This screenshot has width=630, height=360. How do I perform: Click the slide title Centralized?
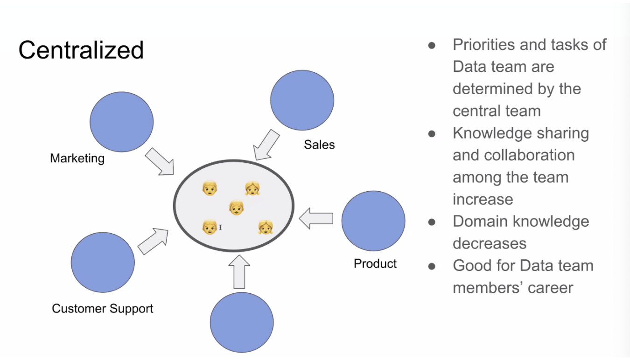(x=81, y=50)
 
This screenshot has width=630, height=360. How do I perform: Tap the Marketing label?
(x=77, y=159)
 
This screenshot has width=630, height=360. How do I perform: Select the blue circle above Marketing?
(x=121, y=122)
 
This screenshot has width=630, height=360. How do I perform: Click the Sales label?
(x=319, y=145)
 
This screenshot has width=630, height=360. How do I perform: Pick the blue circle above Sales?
(x=302, y=100)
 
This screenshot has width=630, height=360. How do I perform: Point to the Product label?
(x=375, y=263)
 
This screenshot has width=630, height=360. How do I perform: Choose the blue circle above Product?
(x=373, y=221)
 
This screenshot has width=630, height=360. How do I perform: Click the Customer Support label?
(x=102, y=308)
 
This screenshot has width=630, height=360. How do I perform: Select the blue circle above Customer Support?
(x=103, y=263)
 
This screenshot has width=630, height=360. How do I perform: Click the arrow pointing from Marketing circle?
(x=159, y=161)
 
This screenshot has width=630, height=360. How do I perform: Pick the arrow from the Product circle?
(x=316, y=219)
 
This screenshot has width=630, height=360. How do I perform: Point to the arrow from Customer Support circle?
(x=153, y=241)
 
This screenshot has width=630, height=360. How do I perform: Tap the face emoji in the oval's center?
(x=237, y=208)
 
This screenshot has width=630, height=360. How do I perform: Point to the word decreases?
(x=490, y=243)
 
